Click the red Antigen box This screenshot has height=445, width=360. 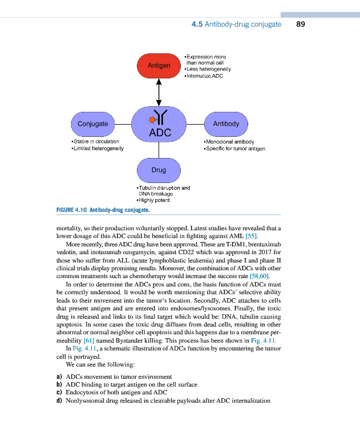click(x=159, y=66)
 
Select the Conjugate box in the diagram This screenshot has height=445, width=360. click(x=92, y=123)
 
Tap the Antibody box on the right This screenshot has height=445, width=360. click(x=226, y=123)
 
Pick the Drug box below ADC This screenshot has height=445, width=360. click(x=159, y=170)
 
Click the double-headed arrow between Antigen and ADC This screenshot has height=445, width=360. click(x=160, y=91)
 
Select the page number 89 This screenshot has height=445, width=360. click(x=301, y=24)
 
